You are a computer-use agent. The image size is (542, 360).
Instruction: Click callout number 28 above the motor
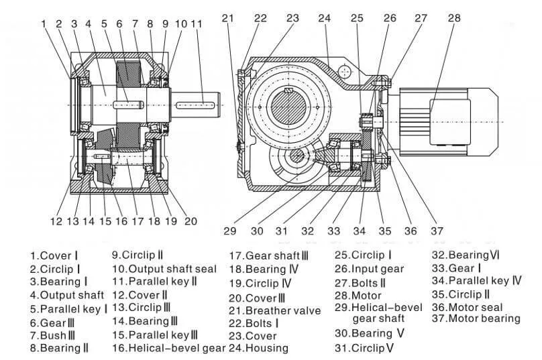tap(454, 18)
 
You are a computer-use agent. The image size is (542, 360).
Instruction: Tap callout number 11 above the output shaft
tap(196, 24)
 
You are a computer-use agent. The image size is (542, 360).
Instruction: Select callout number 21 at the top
tap(228, 18)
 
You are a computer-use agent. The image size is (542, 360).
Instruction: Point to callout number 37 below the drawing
tap(437, 231)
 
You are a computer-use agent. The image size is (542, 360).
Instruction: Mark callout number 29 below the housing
tap(230, 231)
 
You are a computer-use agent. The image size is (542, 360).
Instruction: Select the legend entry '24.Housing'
tap(258, 347)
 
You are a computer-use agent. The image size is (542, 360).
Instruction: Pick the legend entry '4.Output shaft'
tap(66, 295)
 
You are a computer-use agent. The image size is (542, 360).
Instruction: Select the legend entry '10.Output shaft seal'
tap(164, 269)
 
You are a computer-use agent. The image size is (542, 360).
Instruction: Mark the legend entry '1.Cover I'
tap(54, 255)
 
